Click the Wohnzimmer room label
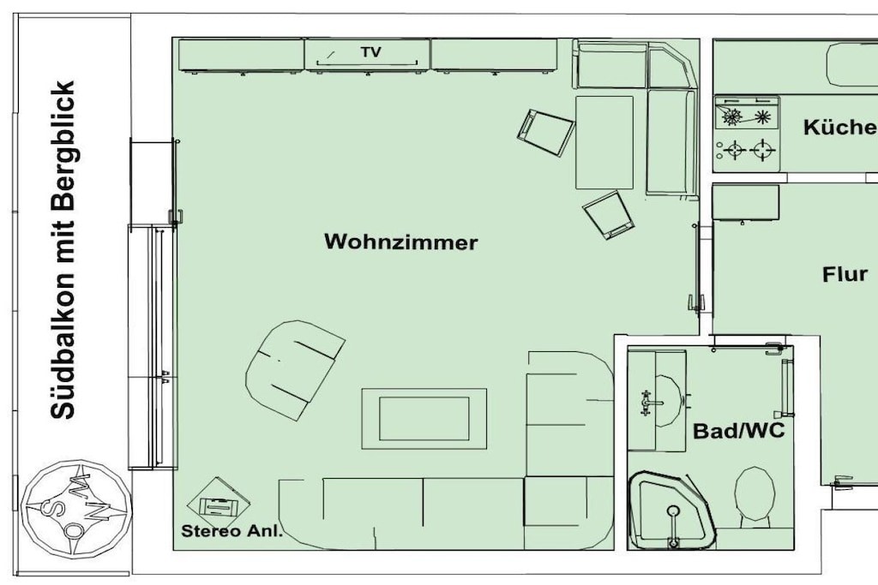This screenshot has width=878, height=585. pyautogui.click(x=401, y=242)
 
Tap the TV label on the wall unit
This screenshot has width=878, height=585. pyautogui.click(x=370, y=52)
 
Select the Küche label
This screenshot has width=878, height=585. pyautogui.click(x=840, y=128)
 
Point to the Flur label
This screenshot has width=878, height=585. pyautogui.click(x=845, y=274)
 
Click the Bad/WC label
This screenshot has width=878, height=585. pyautogui.click(x=738, y=431)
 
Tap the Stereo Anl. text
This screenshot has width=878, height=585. pyautogui.click(x=232, y=531)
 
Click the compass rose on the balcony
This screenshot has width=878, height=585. pyautogui.click(x=76, y=508)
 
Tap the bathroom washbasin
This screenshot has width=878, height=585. pyautogui.click(x=666, y=401)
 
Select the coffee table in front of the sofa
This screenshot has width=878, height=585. pyautogui.click(x=424, y=418)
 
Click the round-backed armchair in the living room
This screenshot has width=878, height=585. pyautogui.click(x=295, y=370)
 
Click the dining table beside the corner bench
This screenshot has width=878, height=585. pyautogui.click(x=604, y=143)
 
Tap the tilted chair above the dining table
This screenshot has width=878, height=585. pyautogui.click(x=545, y=133)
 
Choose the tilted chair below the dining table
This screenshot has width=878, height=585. pyautogui.click(x=609, y=215)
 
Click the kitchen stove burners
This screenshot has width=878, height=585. pyautogui.click(x=747, y=134)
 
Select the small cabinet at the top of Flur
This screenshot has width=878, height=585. pyautogui.click(x=745, y=202)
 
